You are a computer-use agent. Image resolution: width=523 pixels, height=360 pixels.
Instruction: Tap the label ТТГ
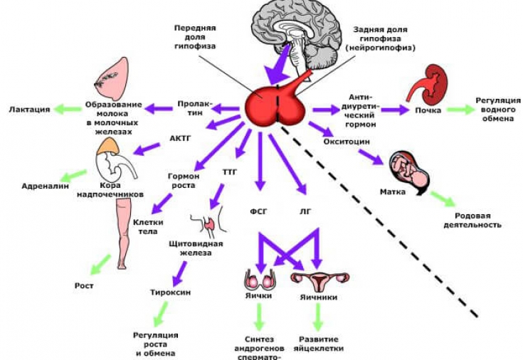229,172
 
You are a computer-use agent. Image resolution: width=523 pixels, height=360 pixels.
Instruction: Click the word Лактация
29,110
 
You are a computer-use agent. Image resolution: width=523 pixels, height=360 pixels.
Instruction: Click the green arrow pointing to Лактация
69,109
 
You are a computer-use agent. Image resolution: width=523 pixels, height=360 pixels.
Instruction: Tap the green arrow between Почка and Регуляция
460,110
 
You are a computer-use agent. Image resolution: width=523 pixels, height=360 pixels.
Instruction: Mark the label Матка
393,192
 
